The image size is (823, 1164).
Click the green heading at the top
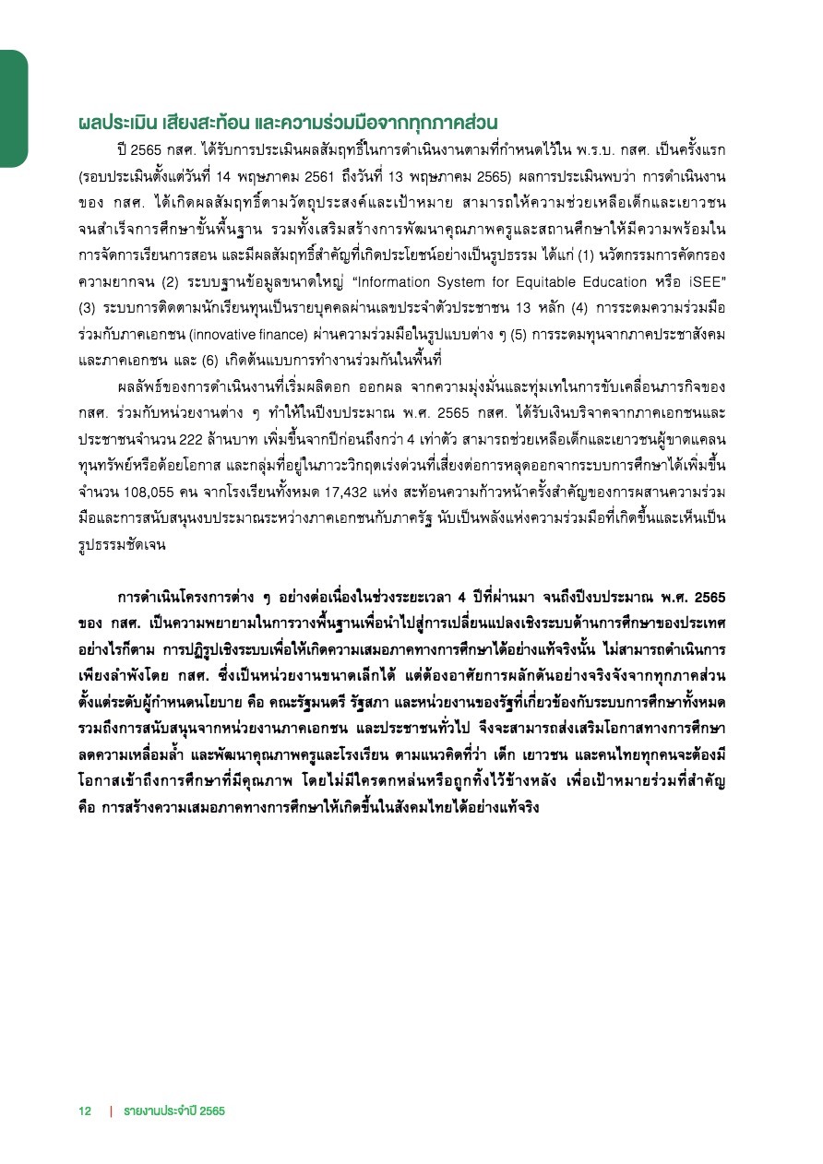click(x=289, y=122)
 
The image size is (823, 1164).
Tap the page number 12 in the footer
click(x=85, y=1111)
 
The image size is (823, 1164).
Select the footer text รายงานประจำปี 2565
click(x=175, y=1111)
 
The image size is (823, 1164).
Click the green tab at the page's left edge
click(x=13, y=109)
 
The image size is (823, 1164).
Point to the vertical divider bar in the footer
click(x=111, y=1111)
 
